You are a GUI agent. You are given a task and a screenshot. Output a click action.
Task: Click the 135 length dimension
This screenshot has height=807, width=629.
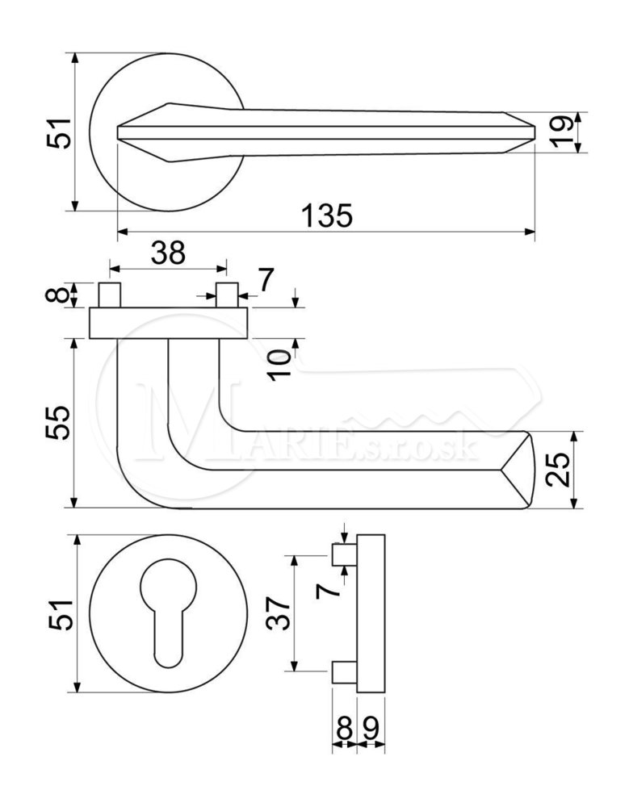coord(326,215)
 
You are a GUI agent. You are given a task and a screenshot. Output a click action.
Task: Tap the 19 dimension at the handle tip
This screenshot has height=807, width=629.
coord(560,132)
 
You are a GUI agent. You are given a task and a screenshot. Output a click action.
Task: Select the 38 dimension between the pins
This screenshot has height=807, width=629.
coord(168,253)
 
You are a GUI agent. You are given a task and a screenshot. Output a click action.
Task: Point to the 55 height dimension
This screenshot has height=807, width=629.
coord(57,422)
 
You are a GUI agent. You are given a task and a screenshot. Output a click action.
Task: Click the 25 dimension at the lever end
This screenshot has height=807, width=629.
coord(559,470)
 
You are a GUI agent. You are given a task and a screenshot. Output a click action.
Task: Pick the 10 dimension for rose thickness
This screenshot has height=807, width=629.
coord(281,365)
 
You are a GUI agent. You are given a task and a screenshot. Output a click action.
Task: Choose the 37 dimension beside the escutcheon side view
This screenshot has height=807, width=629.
coord(279,613)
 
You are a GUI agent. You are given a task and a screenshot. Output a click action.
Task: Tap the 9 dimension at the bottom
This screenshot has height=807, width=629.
coord(371,728)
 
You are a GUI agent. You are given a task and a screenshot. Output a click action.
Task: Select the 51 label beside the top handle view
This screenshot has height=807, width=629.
coord(59,133)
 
